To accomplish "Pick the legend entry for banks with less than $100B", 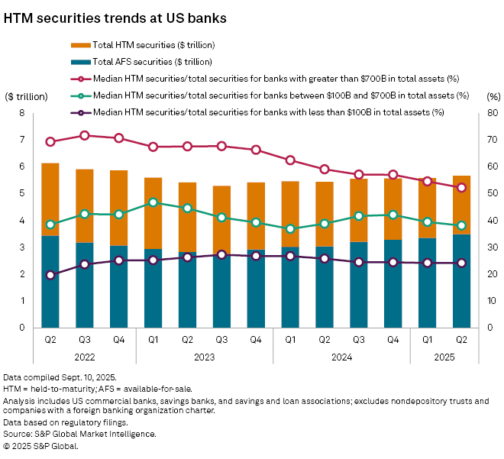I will click(267, 112).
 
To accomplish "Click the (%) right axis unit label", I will click(493, 97).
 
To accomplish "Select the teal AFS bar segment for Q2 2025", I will click(462, 281).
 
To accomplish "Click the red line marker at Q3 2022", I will click(85, 135).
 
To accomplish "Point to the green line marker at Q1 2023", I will click(153, 202).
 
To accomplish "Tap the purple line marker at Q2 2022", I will click(50, 275).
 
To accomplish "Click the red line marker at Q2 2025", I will click(462, 187).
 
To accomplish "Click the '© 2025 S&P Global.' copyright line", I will click(41, 445).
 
